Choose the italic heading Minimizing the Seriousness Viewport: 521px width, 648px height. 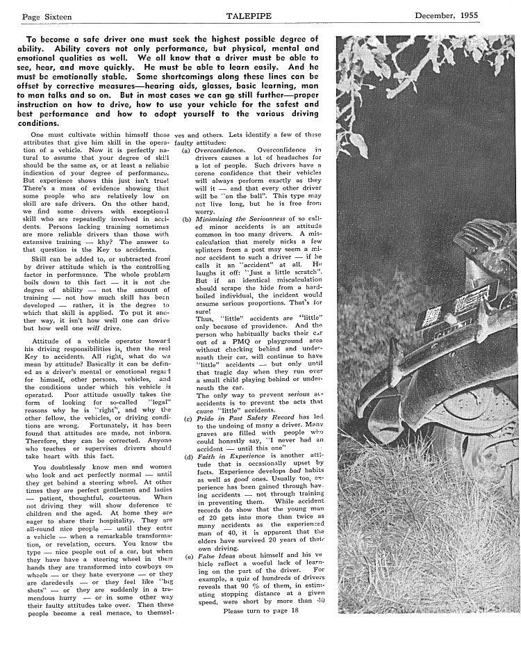click(236, 218)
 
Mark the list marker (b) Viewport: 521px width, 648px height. click(187, 218)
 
